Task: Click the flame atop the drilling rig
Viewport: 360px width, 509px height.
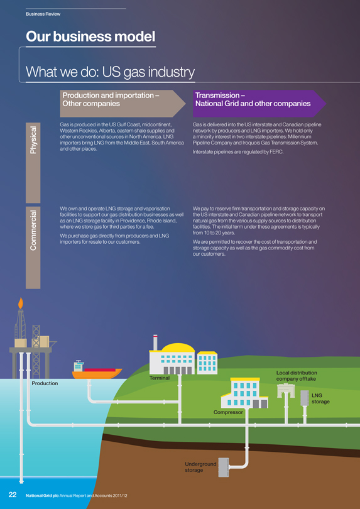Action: pyautogui.click(x=21, y=303)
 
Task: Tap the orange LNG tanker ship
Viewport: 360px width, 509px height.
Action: pyautogui.click(x=97, y=371)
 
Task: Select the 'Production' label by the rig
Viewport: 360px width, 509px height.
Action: pyautogui.click(x=45, y=383)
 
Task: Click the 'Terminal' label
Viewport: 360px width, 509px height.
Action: pyautogui.click(x=160, y=378)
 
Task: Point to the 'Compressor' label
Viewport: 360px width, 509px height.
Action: pyautogui.click(x=228, y=412)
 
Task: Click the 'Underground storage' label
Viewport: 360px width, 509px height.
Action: pyautogui.click(x=200, y=467)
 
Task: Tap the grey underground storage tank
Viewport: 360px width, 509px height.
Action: pyautogui.click(x=223, y=467)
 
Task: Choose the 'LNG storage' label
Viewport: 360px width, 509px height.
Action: pyautogui.click(x=320, y=398)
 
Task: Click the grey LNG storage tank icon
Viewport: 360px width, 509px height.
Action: pyautogui.click(x=305, y=398)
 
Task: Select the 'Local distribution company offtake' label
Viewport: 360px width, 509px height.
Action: pyautogui.click(x=297, y=376)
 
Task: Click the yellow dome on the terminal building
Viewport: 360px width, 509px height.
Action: pyautogui.click(x=178, y=348)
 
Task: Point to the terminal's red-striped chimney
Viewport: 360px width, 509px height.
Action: pyautogui.click(x=155, y=342)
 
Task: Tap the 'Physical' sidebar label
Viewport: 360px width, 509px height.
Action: pyautogui.click(x=33, y=140)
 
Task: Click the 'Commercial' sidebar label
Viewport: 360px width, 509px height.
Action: pyautogui.click(x=33, y=230)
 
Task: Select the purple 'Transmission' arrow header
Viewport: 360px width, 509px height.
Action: pyautogui.click(x=259, y=104)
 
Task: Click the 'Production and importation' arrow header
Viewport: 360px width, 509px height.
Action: pyautogui.click(x=123, y=104)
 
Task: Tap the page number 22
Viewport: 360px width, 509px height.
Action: pyautogui.click(x=13, y=495)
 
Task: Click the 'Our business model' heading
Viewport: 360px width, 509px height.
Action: pyautogui.click(x=90, y=36)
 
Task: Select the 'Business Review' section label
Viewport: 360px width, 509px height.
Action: pyautogui.click(x=43, y=14)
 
